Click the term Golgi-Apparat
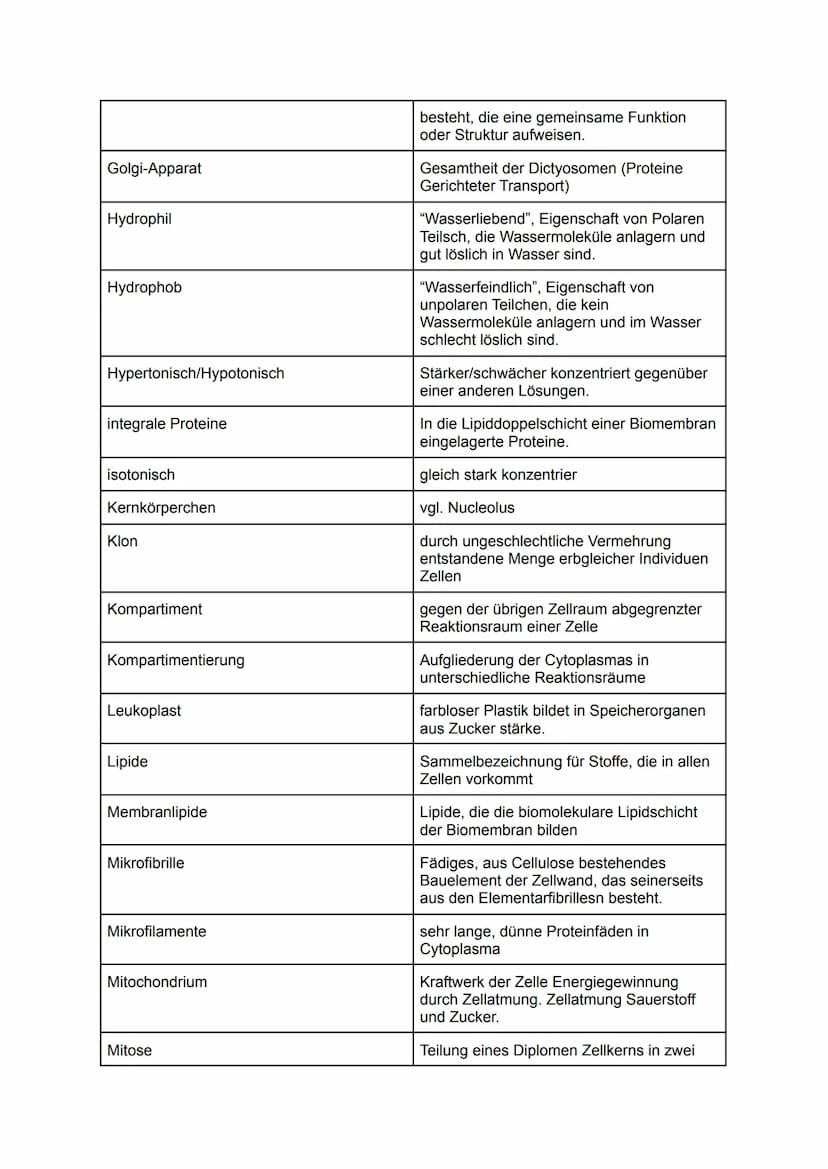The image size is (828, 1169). click(154, 168)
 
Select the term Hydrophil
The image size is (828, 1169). click(139, 219)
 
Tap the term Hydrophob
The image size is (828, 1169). click(144, 288)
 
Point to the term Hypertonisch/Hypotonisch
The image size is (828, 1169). click(195, 373)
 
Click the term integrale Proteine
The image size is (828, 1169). click(166, 424)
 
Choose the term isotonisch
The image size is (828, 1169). click(140, 475)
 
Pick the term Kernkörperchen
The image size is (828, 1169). click(160, 508)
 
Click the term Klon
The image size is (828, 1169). click(122, 541)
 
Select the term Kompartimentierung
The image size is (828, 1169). click(175, 660)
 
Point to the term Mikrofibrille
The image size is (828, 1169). click(145, 863)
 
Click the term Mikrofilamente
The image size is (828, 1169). click(156, 932)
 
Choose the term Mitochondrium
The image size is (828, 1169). click(157, 982)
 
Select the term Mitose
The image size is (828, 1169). click(129, 1051)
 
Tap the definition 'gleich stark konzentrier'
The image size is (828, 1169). click(498, 475)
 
